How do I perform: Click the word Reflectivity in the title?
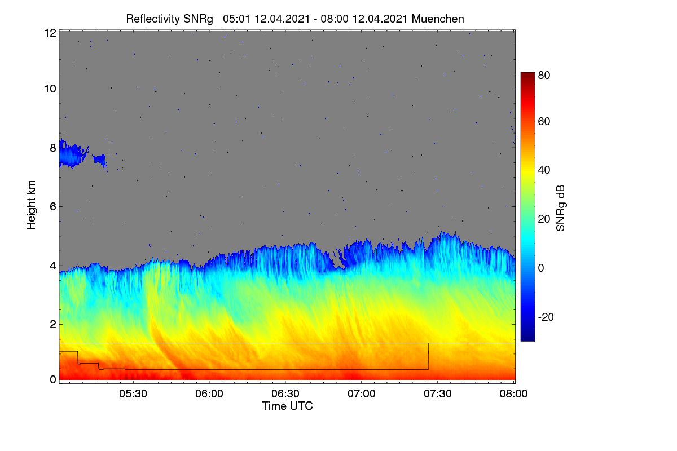[x=153, y=19]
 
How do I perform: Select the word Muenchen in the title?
[x=438, y=19]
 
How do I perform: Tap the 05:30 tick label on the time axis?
[x=133, y=393]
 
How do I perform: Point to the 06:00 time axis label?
[x=209, y=393]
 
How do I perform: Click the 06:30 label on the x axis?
[x=285, y=393]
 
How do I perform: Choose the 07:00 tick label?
[x=362, y=393]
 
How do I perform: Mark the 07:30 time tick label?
[x=438, y=393]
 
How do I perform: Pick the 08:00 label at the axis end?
[x=513, y=393]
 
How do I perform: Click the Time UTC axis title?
[x=287, y=406]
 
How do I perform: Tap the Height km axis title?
[x=31, y=205]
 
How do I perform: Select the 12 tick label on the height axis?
[x=50, y=33]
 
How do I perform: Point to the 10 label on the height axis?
[x=50, y=89]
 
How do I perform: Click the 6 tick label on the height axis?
[x=53, y=207]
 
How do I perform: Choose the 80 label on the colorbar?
[x=544, y=75]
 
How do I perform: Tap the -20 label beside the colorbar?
[x=546, y=317]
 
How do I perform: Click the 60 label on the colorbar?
[x=544, y=121]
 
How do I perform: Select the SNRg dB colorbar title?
[x=561, y=208]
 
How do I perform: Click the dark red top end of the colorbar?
[x=527, y=74]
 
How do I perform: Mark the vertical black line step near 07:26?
[x=428, y=356]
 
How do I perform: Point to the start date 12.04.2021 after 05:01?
[x=282, y=19]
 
